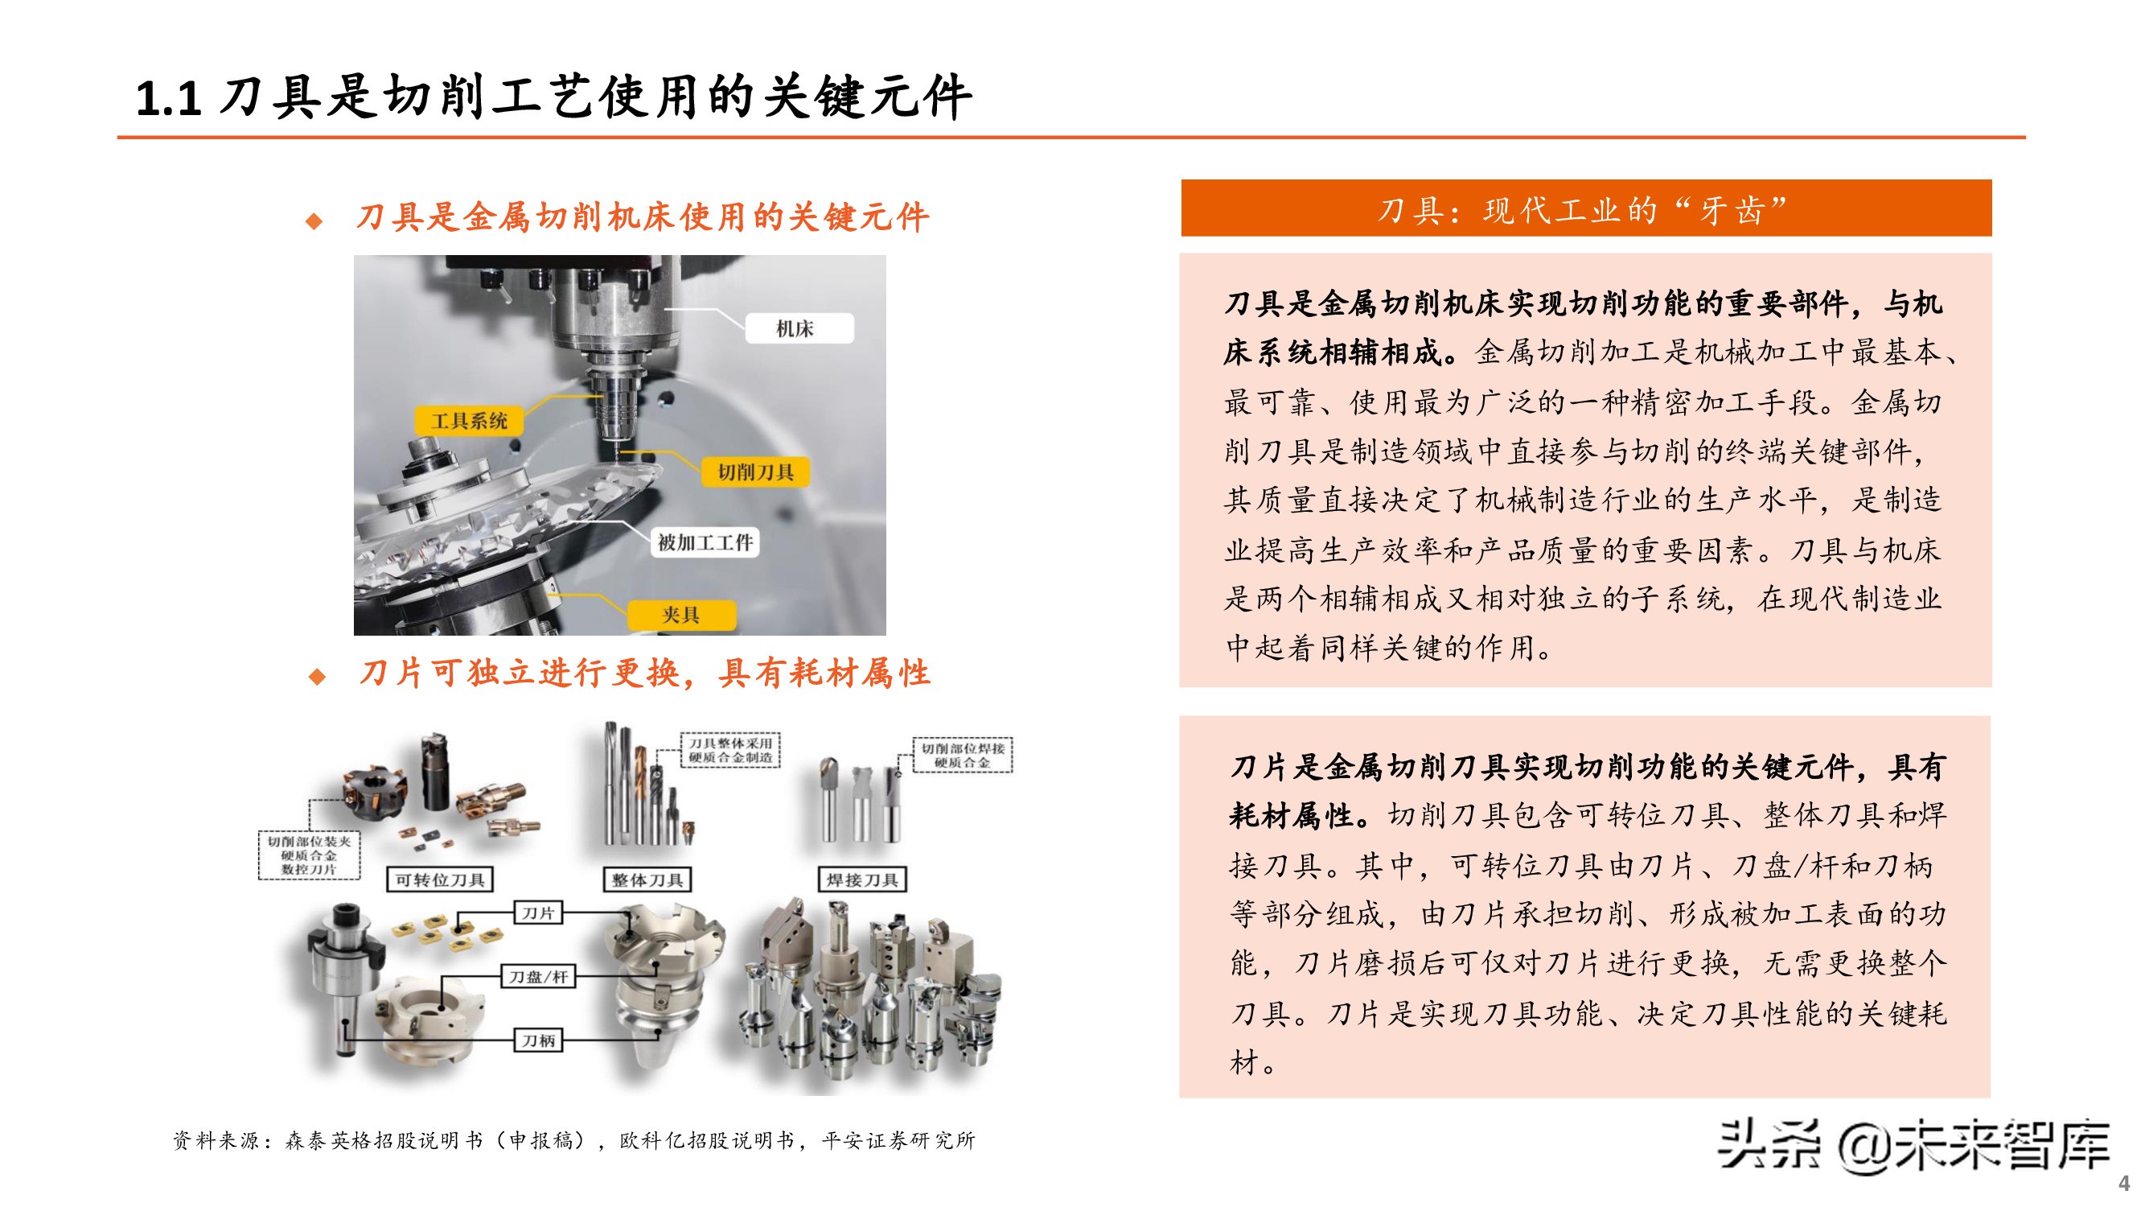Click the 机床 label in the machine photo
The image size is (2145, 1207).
point(797,328)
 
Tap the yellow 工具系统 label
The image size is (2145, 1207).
point(469,421)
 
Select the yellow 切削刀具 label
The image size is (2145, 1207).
point(755,472)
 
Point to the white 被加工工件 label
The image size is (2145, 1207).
point(705,543)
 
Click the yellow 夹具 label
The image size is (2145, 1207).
point(680,615)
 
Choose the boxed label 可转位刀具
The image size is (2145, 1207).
point(440,880)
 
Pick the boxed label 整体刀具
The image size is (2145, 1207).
point(647,880)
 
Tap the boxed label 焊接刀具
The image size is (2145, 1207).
point(862,880)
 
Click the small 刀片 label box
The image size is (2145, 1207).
point(538,913)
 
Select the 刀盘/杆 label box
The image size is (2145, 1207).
point(538,976)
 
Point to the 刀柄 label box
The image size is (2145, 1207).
point(538,1040)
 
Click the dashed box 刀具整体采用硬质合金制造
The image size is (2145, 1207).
point(730,750)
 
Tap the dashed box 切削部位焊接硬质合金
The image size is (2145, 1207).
point(963,755)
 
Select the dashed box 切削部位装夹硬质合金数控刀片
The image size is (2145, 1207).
point(309,855)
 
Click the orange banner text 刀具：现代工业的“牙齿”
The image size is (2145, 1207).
point(1584,210)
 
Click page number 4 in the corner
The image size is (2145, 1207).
point(2123,1183)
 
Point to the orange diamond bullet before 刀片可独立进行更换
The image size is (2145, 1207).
point(316,676)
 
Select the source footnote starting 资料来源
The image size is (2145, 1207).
point(573,1140)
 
